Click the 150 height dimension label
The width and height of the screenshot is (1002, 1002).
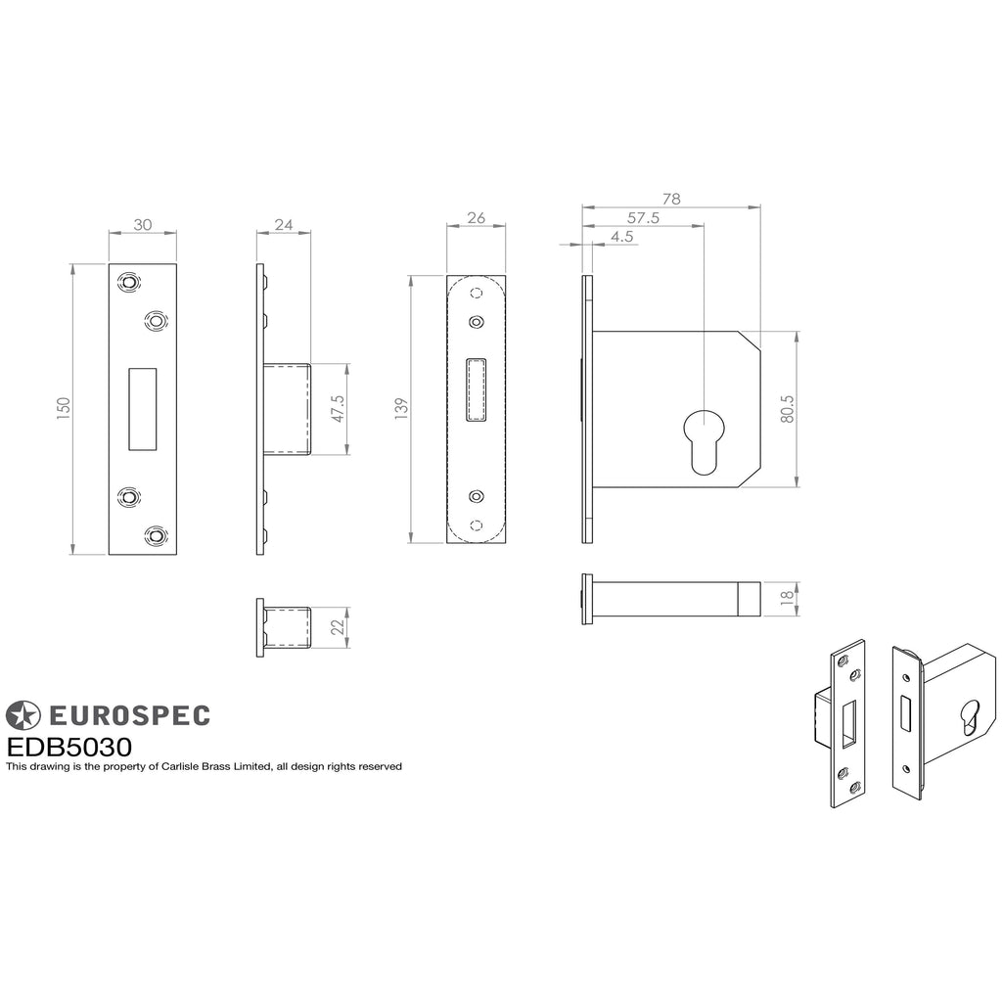coord(64,409)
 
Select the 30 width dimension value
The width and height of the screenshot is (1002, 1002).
coord(143,225)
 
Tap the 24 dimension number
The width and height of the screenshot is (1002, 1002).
coord(284,225)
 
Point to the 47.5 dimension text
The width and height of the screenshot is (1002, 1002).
coord(338,409)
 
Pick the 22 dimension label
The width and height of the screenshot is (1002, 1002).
coord(338,627)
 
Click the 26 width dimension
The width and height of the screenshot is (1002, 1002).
coord(477,218)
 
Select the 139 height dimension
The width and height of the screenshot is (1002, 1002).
coord(400,409)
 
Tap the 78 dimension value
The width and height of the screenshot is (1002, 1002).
coord(671,199)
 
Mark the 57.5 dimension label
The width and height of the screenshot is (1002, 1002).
coord(643,218)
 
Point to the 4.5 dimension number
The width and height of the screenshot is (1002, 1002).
coord(621,237)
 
